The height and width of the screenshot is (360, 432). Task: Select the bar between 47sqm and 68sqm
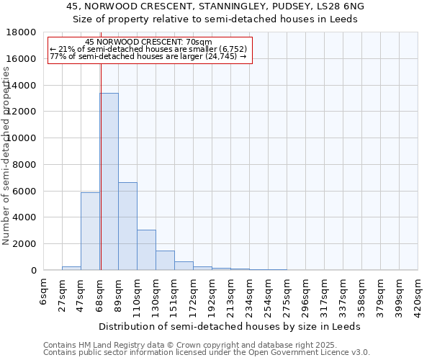coord(90,231)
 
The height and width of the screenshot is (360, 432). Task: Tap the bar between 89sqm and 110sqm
coord(127,226)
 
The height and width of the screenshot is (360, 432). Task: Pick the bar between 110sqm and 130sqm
coord(146,250)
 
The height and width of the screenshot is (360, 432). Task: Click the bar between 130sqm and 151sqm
coord(165,260)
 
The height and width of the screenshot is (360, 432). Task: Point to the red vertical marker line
coord(101,180)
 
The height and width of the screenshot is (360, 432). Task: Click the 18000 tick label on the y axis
coord(22,32)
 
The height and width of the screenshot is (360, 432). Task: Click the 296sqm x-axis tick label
coord(307,295)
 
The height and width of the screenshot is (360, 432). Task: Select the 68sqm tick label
coord(101,293)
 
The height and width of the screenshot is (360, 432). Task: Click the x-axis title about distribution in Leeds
coord(230,326)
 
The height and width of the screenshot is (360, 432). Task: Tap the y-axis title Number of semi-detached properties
coord(7,170)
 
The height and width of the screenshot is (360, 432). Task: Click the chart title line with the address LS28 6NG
coord(215,6)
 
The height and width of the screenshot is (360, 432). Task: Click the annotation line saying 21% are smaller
coord(148,49)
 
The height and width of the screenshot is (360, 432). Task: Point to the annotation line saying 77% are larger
coord(148,56)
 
